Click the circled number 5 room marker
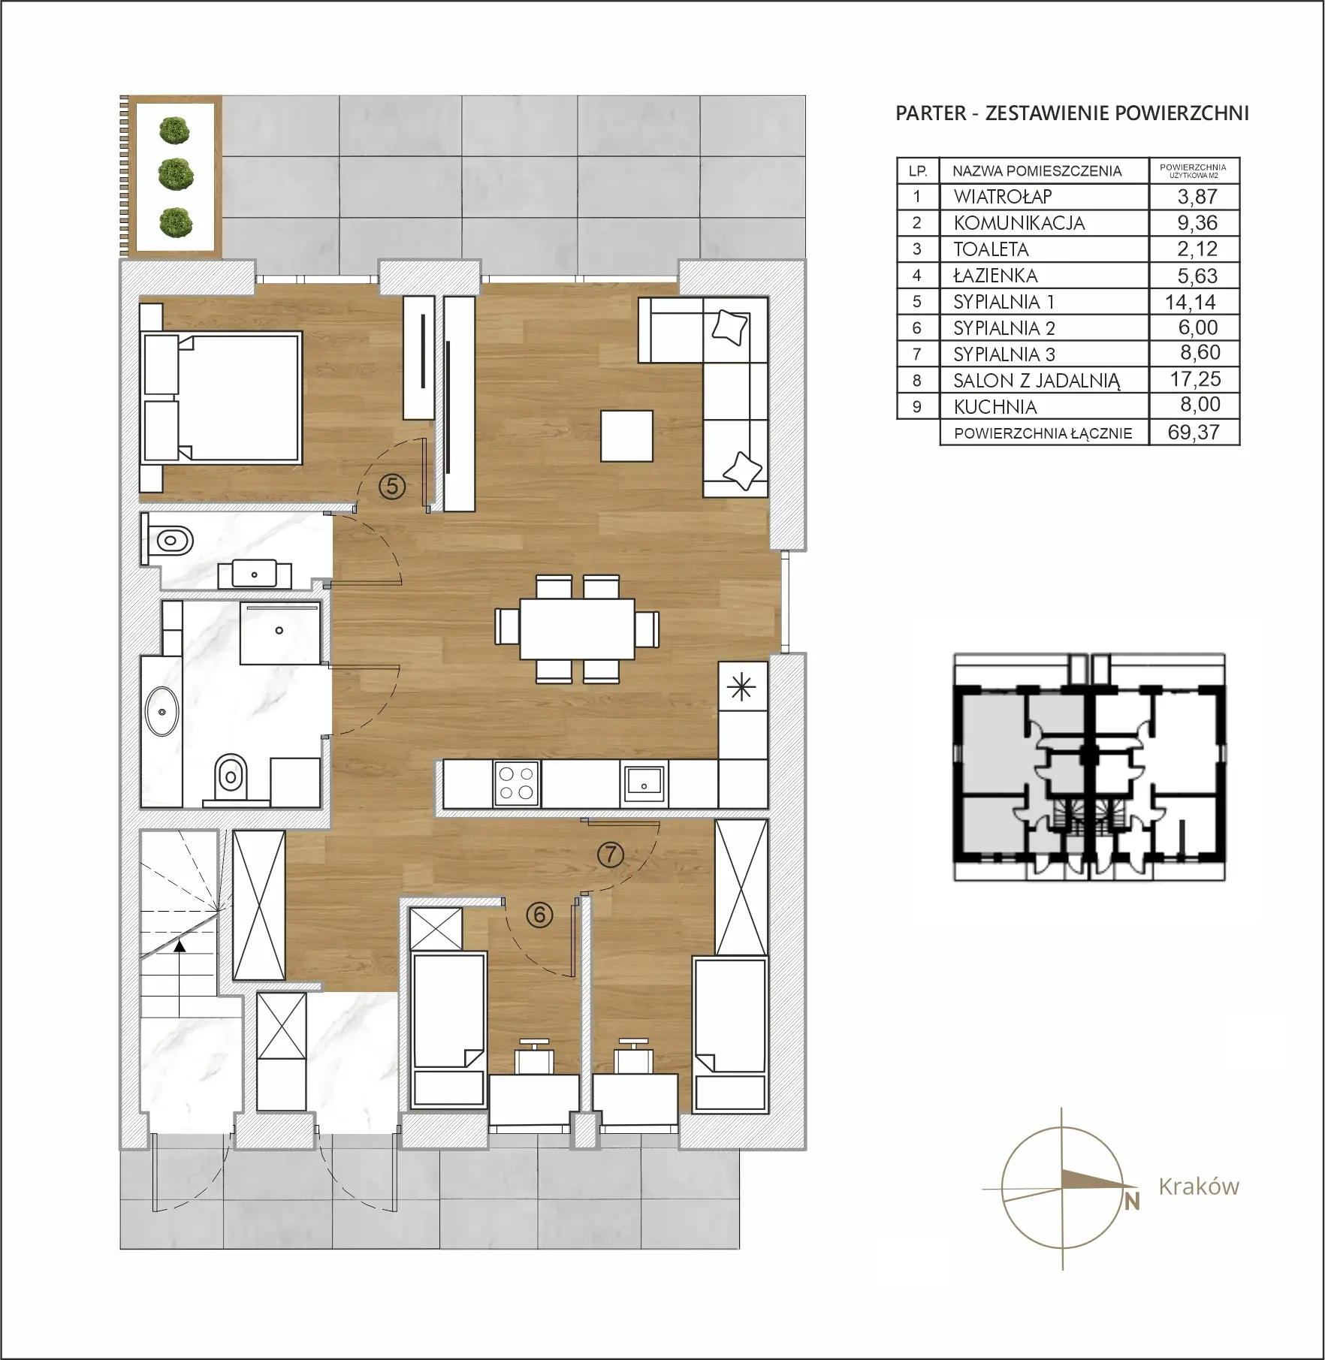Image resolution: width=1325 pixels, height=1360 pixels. [x=392, y=487]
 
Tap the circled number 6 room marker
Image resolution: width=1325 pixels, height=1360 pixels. [x=539, y=915]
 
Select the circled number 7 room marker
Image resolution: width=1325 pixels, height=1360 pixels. [x=610, y=854]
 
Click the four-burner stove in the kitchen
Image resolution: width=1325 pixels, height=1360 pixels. [x=517, y=783]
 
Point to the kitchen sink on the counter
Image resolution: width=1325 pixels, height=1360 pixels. [x=643, y=783]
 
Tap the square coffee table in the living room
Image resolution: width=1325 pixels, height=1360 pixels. [x=626, y=436]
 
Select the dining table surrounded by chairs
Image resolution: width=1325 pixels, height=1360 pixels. [x=577, y=629]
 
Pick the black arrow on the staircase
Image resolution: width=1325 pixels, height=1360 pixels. [x=179, y=947]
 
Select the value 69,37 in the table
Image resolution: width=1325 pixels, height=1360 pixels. [x=1194, y=432]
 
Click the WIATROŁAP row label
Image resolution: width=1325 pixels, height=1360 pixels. [x=1003, y=197]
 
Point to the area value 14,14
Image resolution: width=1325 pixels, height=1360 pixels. [x=1191, y=302]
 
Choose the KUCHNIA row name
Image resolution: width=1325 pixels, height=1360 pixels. [x=995, y=407]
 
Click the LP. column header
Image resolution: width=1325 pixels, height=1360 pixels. [x=917, y=171]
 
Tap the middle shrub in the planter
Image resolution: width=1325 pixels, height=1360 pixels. [x=176, y=174]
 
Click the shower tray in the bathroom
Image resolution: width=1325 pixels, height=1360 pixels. [x=280, y=632]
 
